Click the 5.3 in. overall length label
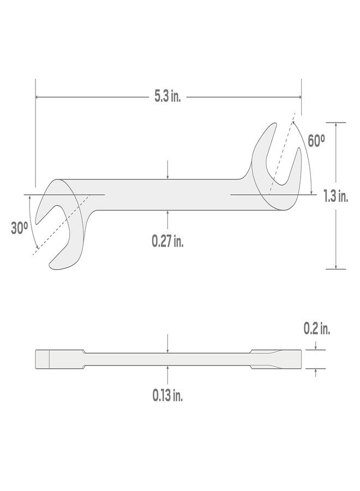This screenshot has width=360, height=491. tap(167, 97)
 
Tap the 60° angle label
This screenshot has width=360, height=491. tap(316, 140)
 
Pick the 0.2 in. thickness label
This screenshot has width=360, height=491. tap(317, 329)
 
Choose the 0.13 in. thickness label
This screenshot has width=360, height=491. tap(167, 396)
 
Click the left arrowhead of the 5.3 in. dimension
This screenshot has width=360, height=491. tap(38, 97)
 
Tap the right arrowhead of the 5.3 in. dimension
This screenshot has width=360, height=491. tap(298, 97)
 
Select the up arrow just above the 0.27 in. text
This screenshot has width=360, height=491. tap(168, 214)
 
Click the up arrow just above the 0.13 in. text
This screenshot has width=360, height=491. tap(168, 369)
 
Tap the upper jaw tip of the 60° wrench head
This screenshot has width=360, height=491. tap(271, 127)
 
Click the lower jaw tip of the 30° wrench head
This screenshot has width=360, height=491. tap(54, 266)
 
